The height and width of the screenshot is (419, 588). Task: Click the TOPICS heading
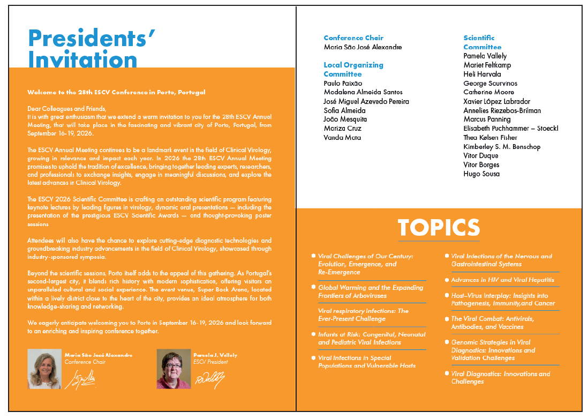[439, 227]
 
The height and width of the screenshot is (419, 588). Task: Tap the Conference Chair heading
[353, 38]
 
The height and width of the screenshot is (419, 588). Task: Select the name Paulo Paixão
[343, 83]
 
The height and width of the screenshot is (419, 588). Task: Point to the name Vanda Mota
[342, 138]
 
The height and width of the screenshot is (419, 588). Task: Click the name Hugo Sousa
[481, 174]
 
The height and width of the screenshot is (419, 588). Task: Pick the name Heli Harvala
[482, 74]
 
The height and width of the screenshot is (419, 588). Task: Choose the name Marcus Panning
[487, 119]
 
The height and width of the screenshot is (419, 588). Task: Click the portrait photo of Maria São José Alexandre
[44, 369]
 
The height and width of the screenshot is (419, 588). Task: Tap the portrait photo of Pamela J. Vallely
[174, 369]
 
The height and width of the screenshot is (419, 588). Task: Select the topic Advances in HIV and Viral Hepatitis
[502, 280]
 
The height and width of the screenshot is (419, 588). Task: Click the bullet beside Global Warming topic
[313, 287]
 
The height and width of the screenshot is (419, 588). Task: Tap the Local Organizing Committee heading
[353, 70]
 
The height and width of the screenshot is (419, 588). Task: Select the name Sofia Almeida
[344, 110]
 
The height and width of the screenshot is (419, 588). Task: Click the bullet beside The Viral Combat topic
[446, 318]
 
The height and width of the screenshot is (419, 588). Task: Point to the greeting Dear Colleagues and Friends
[66, 109]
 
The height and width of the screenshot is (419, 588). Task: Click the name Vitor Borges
[481, 164]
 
